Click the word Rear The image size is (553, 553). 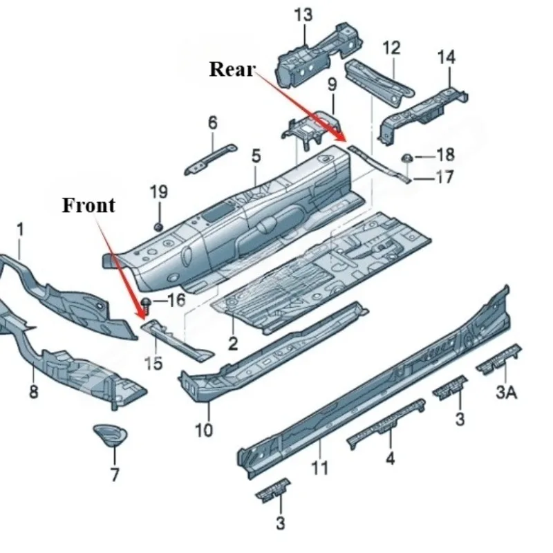[x=232, y=69]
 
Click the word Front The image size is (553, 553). [x=88, y=205]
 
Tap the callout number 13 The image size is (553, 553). [x=303, y=15]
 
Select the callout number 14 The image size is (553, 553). [x=446, y=57]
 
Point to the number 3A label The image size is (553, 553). [x=506, y=392]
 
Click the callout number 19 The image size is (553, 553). [x=159, y=192]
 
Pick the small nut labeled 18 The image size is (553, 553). [x=407, y=158]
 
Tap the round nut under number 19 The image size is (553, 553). [x=158, y=227]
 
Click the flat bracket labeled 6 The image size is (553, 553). [x=211, y=159]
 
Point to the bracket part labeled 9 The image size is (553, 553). [x=310, y=129]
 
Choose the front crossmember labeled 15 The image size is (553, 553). [x=176, y=339]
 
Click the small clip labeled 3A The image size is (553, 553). [x=499, y=358]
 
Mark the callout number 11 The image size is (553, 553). [x=320, y=468]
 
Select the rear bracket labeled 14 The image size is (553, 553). [x=422, y=115]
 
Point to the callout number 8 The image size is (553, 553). [x=33, y=391]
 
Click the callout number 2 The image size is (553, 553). [x=233, y=343]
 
